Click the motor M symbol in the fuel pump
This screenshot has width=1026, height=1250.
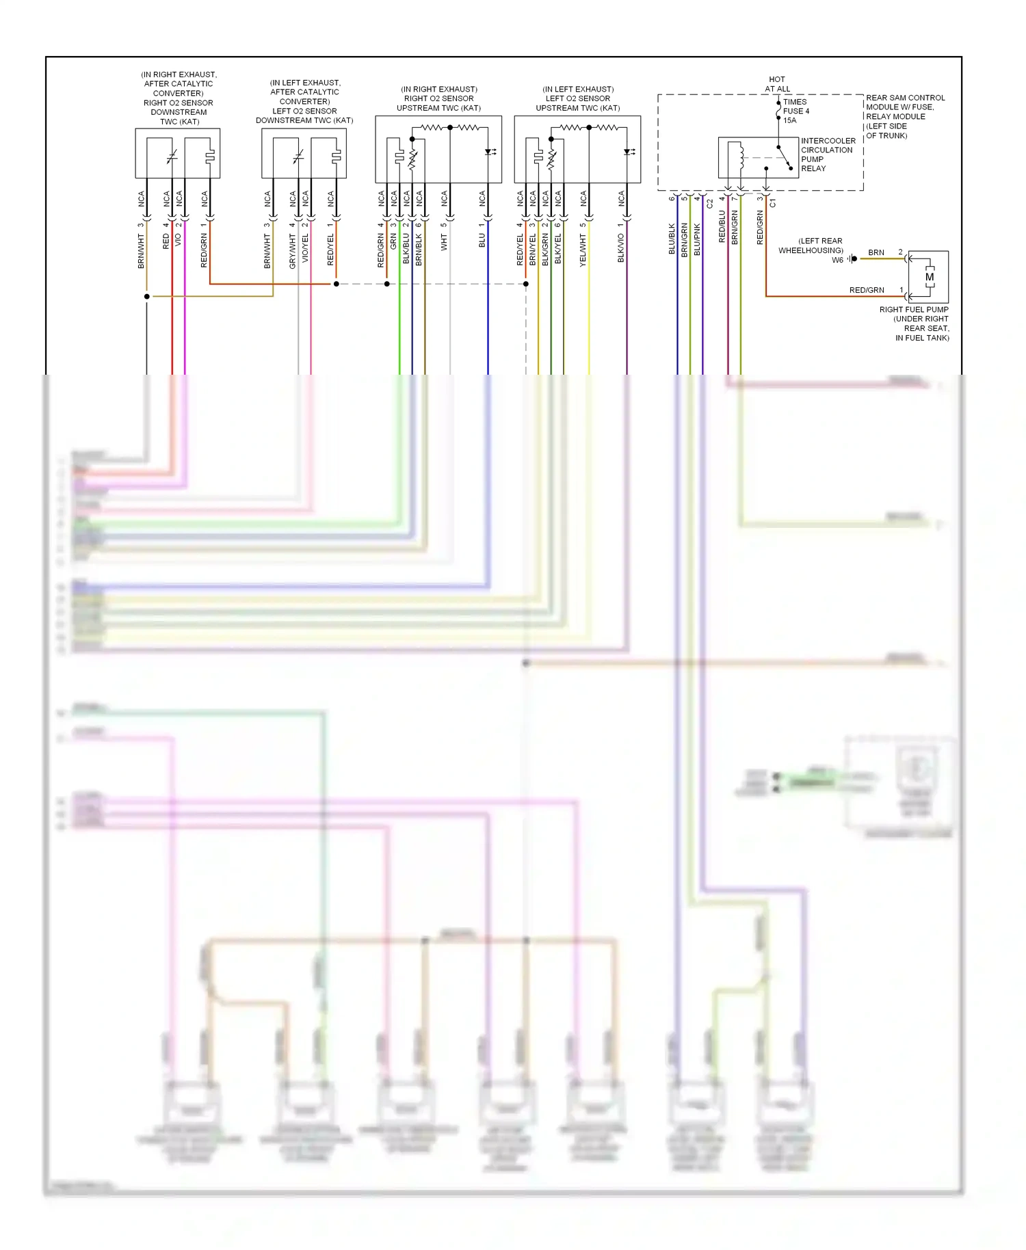click(x=929, y=277)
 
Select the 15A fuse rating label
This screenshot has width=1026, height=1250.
click(x=790, y=120)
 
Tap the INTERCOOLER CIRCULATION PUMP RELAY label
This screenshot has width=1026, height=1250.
click(x=828, y=155)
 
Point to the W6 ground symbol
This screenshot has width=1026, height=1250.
click(x=853, y=259)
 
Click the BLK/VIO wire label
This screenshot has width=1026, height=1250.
click(x=621, y=248)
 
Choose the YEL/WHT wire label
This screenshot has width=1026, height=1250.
click(x=583, y=250)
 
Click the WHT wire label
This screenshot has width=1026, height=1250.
click(x=444, y=242)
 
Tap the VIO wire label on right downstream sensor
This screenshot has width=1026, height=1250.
click(x=179, y=240)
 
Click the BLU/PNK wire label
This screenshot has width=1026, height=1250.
click(x=697, y=239)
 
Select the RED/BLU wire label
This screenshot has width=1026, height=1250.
click(x=722, y=226)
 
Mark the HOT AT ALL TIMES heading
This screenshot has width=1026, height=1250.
click(x=778, y=84)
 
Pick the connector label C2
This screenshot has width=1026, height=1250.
click(x=709, y=204)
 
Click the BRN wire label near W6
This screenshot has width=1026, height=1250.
click(x=876, y=252)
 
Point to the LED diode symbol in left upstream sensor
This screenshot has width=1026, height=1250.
click(x=628, y=152)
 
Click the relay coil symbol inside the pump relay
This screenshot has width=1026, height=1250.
click(x=741, y=157)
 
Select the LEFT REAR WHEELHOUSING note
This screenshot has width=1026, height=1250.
click(x=811, y=245)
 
